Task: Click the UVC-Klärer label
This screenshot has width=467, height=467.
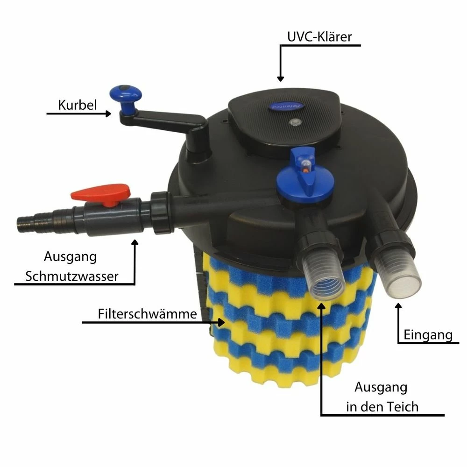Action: (319, 36)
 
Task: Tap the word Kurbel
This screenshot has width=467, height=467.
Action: (78, 105)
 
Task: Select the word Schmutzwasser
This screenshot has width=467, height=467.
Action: (72, 276)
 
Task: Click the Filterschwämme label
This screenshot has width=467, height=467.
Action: (148, 314)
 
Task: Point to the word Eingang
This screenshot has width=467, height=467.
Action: (428, 335)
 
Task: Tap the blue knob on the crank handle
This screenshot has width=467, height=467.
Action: (126, 94)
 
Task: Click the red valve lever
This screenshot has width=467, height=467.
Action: (101, 194)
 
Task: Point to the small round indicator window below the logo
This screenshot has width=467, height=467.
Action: (295, 121)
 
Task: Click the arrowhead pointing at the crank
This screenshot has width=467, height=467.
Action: (108, 113)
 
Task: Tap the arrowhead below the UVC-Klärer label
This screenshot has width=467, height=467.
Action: (280, 78)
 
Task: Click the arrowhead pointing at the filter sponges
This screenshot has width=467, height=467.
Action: (221, 322)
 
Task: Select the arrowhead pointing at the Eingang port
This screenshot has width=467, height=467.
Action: (398, 306)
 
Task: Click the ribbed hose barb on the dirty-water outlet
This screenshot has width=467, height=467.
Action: (34, 222)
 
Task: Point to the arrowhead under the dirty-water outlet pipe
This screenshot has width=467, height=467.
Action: (135, 242)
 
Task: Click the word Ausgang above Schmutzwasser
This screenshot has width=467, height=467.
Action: (71, 257)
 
